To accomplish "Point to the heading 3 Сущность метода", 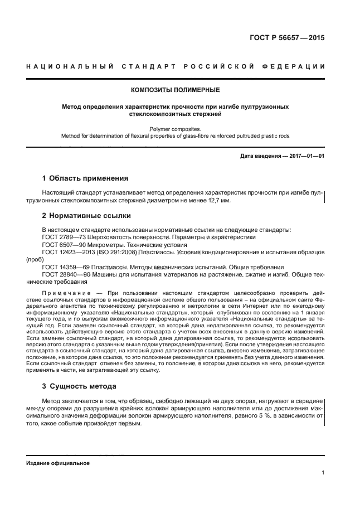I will tap(79, 386).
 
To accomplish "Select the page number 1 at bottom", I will tap(323, 473).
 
